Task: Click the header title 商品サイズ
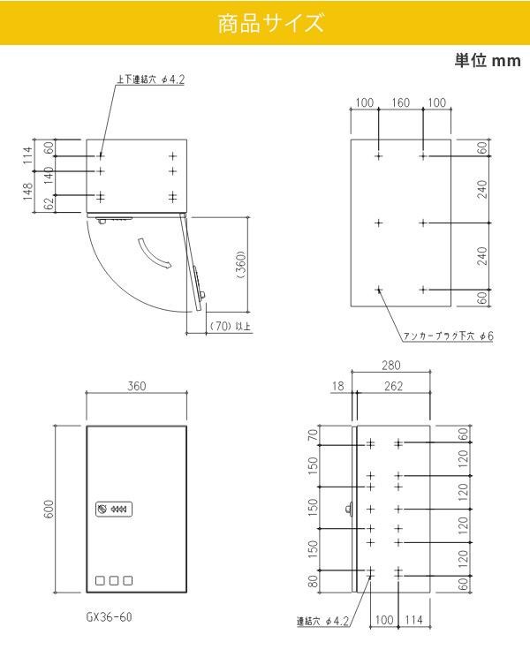[x=270, y=23]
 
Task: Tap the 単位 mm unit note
[x=488, y=60]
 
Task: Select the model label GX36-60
[x=109, y=617]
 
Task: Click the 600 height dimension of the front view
[x=49, y=510]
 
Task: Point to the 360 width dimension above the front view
[x=136, y=386]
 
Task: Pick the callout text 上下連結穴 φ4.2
[x=150, y=79]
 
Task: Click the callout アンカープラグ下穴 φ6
[x=449, y=336]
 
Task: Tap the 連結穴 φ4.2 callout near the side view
[x=323, y=621]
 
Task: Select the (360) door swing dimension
[x=241, y=266]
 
